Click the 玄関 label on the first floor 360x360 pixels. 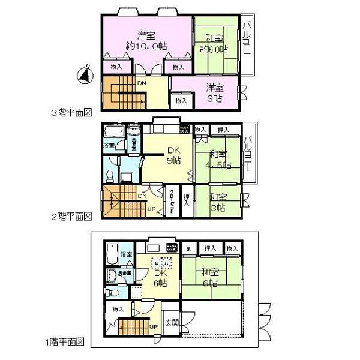(x=171, y=322)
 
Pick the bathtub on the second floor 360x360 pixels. (x=113, y=131)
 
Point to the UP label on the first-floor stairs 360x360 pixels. (x=153, y=327)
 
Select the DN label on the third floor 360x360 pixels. (x=141, y=83)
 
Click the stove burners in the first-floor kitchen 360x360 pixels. (x=172, y=247)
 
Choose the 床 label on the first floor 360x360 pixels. (x=188, y=248)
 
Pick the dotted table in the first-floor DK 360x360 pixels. (x=161, y=265)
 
